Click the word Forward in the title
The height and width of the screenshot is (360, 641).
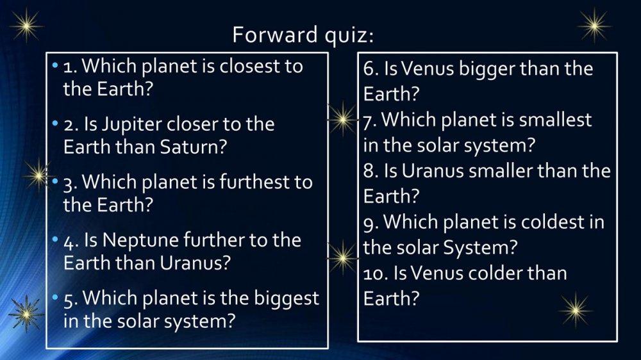click(x=275, y=35)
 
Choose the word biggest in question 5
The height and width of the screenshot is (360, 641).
click(x=286, y=299)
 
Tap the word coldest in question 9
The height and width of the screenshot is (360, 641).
click(x=551, y=222)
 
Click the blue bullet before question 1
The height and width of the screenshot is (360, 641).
click(x=55, y=65)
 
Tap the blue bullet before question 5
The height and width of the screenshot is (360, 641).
click(x=55, y=297)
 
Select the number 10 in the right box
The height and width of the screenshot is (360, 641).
click(x=375, y=274)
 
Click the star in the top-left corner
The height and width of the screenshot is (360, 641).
click(x=26, y=26)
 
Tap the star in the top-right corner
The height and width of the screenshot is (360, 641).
click(x=594, y=26)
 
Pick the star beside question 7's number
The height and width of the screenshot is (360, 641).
click(x=342, y=119)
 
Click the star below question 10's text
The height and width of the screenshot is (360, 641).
click(x=576, y=310)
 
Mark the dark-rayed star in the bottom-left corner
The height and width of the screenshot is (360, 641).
click(x=26, y=314)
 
